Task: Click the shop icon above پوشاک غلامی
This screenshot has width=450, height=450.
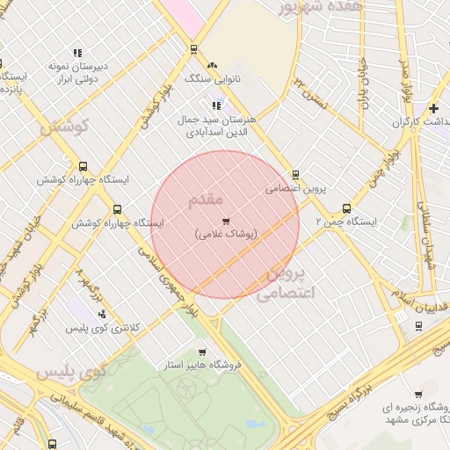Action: pyautogui.click(x=226, y=221)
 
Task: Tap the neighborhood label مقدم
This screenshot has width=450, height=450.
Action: pyautogui.click(x=206, y=200)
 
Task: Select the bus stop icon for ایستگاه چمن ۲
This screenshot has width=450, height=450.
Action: pyautogui.click(x=346, y=209)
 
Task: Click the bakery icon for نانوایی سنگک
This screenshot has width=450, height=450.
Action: pyautogui.click(x=211, y=65)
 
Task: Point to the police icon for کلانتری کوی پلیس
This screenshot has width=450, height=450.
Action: pyautogui.click(x=103, y=313)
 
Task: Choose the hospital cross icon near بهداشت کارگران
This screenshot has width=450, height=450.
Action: pyautogui.click(x=433, y=108)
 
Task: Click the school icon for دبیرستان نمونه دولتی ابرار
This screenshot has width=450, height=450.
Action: pyautogui.click(x=77, y=53)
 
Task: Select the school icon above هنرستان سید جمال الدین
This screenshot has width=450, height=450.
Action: pyautogui.click(x=216, y=105)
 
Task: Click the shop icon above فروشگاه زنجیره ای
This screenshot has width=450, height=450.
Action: pyautogui.click(x=418, y=395)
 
